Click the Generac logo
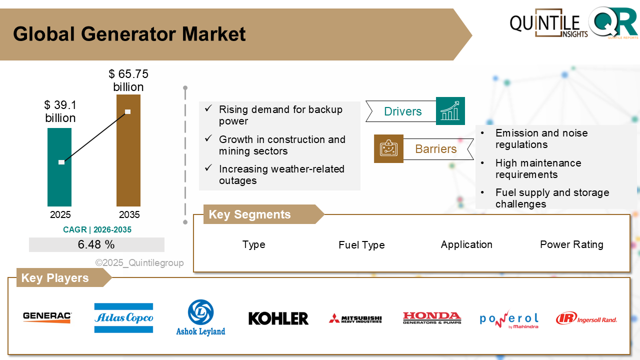point(47,317)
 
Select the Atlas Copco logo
point(123,318)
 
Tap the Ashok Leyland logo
point(200,318)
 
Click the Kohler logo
point(278,318)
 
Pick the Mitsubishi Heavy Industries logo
point(355,318)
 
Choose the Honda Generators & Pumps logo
point(432,318)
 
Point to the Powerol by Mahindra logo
point(509,319)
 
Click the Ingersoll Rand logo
point(586,318)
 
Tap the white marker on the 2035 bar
point(128,111)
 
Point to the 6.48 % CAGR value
point(96,245)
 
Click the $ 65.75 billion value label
point(128,80)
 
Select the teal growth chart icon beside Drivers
point(450,111)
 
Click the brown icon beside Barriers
point(388,148)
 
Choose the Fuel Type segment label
point(361,245)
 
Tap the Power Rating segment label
point(571,244)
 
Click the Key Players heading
point(55,278)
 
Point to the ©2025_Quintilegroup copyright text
point(139,263)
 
